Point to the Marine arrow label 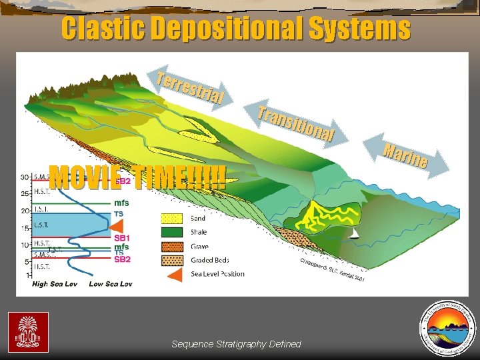tap(405, 154)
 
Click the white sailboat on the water tap(355, 233)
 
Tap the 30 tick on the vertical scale tap(24, 177)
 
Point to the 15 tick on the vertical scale tap(24, 229)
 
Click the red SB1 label tap(121, 237)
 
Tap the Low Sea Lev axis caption tap(111, 284)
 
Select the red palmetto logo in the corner tap(28, 332)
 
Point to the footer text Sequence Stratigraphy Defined tap(236, 344)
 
